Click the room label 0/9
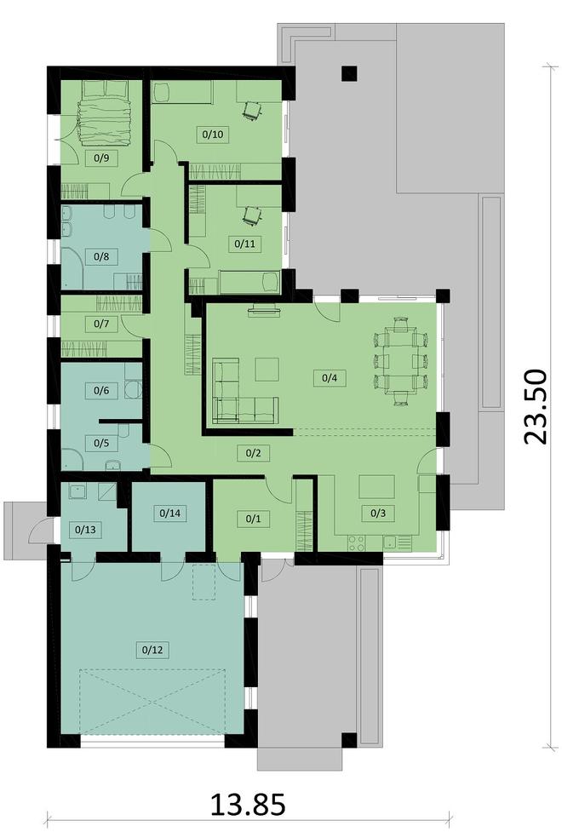100,158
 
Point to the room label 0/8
100,255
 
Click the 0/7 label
100,324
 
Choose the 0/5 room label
100,442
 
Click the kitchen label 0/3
377,513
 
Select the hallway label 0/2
252,452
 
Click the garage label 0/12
152,649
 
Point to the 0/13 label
85,529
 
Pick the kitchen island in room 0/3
377,486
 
